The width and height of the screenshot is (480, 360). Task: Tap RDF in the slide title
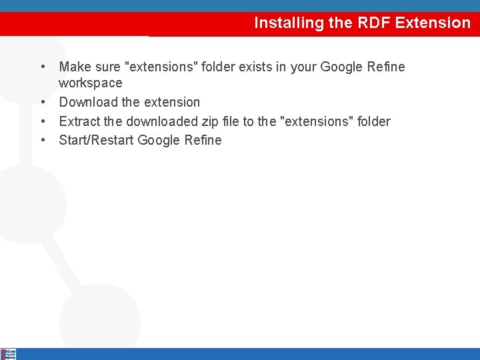[371, 23]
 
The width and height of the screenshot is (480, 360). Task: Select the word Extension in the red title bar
[433, 23]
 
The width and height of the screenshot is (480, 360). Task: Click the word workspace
[91, 83]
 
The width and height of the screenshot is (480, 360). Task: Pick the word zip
[211, 121]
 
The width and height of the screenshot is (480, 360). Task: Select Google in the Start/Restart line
[159, 141]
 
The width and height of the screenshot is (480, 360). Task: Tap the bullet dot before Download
[43, 103]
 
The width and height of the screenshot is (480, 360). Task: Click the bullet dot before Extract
[43, 122]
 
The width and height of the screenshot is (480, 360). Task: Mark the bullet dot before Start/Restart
[43, 141]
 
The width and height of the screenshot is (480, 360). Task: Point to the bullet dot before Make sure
[43, 67]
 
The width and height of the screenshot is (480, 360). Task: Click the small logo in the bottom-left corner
[8, 354]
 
